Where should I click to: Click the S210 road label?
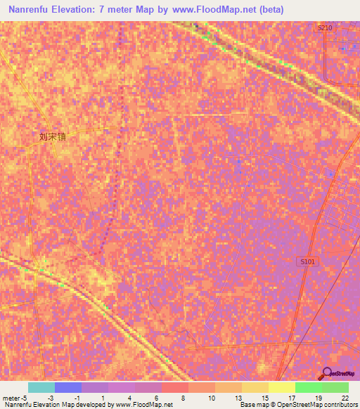324,27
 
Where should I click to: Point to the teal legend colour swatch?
41,387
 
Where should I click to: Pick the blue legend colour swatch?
68,387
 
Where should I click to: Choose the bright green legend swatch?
309,387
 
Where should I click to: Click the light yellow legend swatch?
282,387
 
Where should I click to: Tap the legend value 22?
345,398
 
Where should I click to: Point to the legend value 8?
184,398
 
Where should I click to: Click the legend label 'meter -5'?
15,398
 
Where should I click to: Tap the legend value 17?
291,398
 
